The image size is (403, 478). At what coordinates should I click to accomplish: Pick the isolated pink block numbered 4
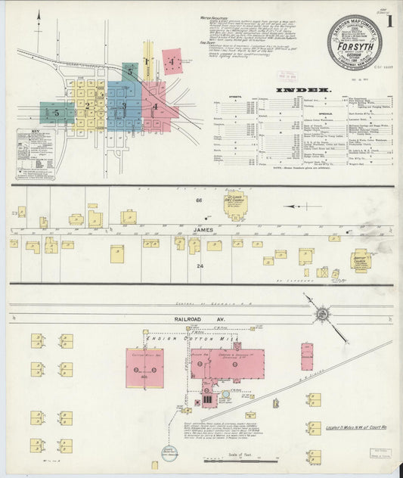[x=172, y=61]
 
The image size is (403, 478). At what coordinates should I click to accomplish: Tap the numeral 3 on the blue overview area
[x=123, y=106]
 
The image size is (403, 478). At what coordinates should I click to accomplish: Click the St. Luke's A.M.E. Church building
[x=235, y=204]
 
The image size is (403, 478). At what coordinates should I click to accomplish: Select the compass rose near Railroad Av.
[x=321, y=312]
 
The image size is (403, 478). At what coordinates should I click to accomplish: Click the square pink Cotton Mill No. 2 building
[x=144, y=368]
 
